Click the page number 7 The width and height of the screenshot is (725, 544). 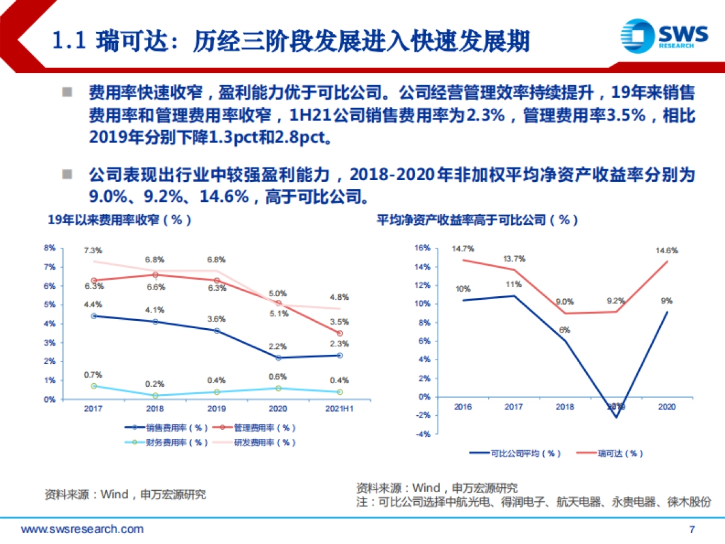692,529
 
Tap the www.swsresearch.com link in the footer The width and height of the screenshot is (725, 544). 83,529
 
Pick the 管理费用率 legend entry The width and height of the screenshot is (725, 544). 265,428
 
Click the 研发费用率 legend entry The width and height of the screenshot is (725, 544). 265,442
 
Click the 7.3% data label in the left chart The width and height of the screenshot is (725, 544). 93,250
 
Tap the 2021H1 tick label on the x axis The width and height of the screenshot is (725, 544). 340,409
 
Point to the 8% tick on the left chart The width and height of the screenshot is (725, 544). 50,248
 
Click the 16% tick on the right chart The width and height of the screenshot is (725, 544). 422,248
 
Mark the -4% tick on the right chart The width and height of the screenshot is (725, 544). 422,434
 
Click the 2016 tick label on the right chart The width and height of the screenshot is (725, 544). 463,407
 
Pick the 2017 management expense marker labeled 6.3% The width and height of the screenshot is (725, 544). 94,280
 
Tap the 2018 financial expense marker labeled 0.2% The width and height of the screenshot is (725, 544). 156,395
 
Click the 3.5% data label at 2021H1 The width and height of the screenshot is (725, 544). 340,322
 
